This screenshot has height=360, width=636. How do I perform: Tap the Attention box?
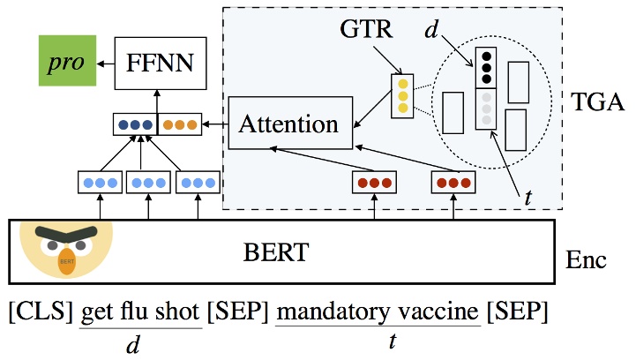click(289, 124)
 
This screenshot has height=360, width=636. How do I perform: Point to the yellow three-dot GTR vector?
click(402, 95)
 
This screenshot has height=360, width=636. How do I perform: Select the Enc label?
click(585, 262)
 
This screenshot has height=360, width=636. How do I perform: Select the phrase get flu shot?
click(140, 313)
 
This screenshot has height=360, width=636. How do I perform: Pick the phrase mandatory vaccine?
click(379, 313)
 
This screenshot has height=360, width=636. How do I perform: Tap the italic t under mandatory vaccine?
click(390, 345)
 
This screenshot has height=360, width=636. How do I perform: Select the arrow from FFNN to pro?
click(106, 63)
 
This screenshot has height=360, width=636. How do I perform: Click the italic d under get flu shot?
click(133, 345)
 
